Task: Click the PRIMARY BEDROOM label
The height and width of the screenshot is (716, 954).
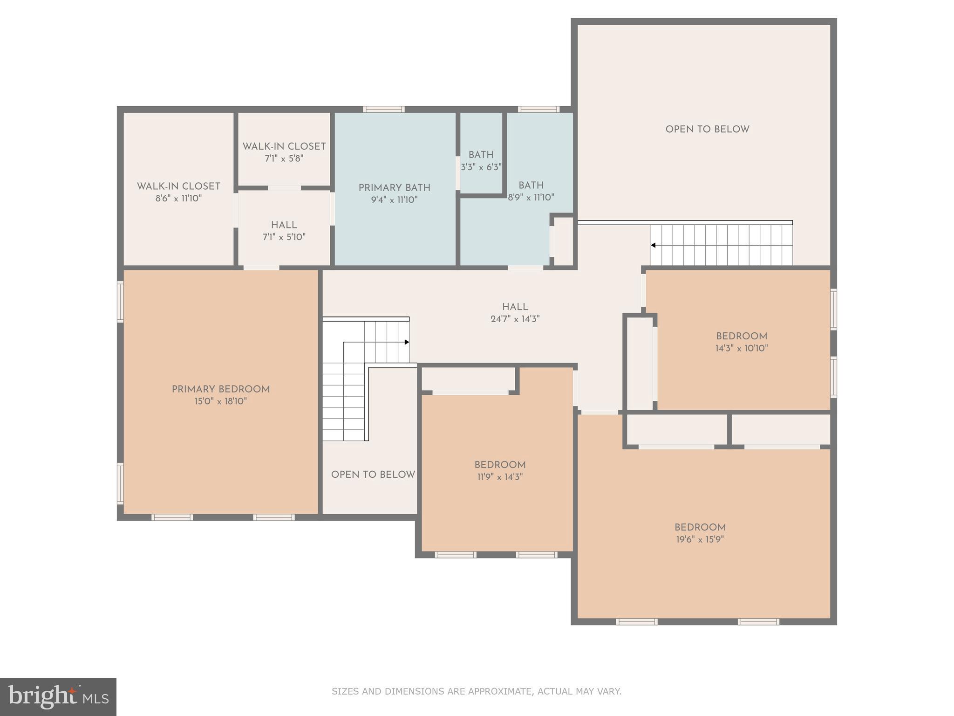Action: coord(220,389)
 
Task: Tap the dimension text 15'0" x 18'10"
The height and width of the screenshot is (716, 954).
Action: coord(220,401)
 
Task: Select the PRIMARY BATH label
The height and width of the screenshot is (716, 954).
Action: coord(394,188)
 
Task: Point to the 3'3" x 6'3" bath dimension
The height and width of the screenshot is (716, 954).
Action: coord(481,167)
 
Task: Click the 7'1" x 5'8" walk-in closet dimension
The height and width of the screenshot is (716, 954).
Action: coord(284,158)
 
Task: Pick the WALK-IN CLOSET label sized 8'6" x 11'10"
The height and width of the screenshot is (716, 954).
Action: coord(178,186)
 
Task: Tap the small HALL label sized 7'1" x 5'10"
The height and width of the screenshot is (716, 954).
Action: coord(284,225)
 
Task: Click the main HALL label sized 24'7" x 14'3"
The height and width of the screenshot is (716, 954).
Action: coord(515,307)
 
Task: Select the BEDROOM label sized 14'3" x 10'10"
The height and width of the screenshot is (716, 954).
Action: coord(741,336)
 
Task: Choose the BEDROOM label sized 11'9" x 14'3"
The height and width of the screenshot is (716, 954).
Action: coord(500,465)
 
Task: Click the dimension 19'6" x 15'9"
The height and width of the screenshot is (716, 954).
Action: coord(700,540)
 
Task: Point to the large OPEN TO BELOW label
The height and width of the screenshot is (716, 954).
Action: coord(707,130)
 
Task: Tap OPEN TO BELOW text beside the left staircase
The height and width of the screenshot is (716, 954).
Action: coord(373,475)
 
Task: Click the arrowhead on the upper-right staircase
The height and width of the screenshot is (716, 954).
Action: coord(654,245)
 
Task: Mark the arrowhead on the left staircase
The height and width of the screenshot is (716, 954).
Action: coord(407,342)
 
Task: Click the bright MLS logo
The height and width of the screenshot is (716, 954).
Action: coord(58,697)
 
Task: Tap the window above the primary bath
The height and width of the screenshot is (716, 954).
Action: coord(384,110)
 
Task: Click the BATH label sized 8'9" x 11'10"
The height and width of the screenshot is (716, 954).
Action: coord(531,185)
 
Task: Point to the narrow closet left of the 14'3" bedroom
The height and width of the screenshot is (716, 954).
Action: coord(640,364)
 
